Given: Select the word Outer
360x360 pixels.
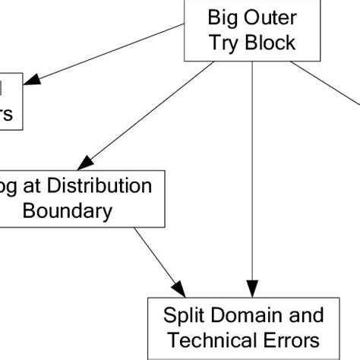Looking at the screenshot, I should pos(266,17).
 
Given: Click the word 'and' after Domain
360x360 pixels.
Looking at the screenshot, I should pos(298,314).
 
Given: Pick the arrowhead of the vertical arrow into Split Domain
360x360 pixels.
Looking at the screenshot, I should pos(252,290).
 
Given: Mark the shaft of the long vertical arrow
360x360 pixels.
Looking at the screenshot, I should pos(252,175).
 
